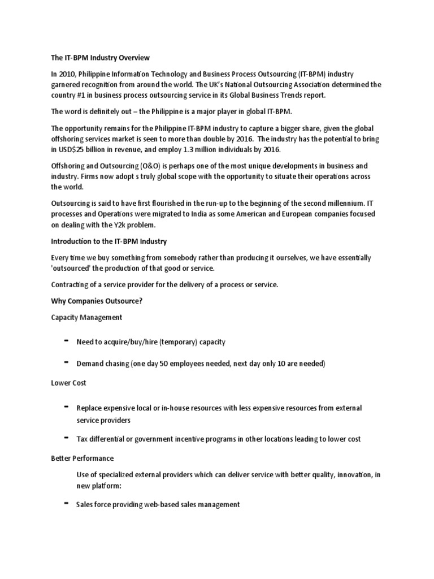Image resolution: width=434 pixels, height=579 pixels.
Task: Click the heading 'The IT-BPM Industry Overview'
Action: point(101,58)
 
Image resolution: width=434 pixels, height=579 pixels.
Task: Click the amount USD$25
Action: point(74,149)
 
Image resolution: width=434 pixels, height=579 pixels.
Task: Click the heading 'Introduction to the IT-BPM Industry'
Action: point(108,241)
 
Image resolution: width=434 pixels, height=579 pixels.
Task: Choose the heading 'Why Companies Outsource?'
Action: point(97,301)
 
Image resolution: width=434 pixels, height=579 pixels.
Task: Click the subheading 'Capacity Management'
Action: point(86,317)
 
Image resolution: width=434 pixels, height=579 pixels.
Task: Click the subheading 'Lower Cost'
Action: point(68,383)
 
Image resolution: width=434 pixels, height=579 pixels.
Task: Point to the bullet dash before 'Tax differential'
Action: point(67,438)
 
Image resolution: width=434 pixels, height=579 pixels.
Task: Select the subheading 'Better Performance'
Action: point(83,457)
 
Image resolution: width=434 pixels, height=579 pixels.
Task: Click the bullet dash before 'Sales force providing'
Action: point(67,503)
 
